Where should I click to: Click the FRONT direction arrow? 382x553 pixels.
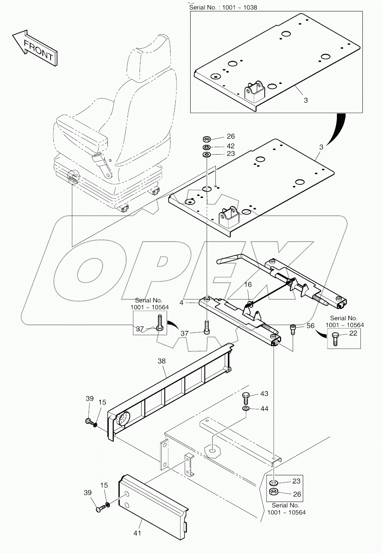click(x=35, y=47)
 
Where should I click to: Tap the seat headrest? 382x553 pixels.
click(x=151, y=59)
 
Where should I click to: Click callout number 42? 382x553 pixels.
click(x=231, y=146)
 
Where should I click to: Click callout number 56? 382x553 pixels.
click(x=310, y=325)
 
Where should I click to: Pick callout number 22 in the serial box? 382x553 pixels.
click(x=353, y=333)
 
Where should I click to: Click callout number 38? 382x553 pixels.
click(x=162, y=360)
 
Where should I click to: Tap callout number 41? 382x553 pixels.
click(x=137, y=533)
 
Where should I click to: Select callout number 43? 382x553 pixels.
click(x=264, y=393)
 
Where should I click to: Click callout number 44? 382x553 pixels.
click(x=264, y=409)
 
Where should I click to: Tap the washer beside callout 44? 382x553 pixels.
click(x=246, y=409)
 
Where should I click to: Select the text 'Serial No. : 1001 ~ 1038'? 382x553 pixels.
click(x=223, y=7)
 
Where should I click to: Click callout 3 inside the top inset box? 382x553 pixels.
click(x=306, y=100)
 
